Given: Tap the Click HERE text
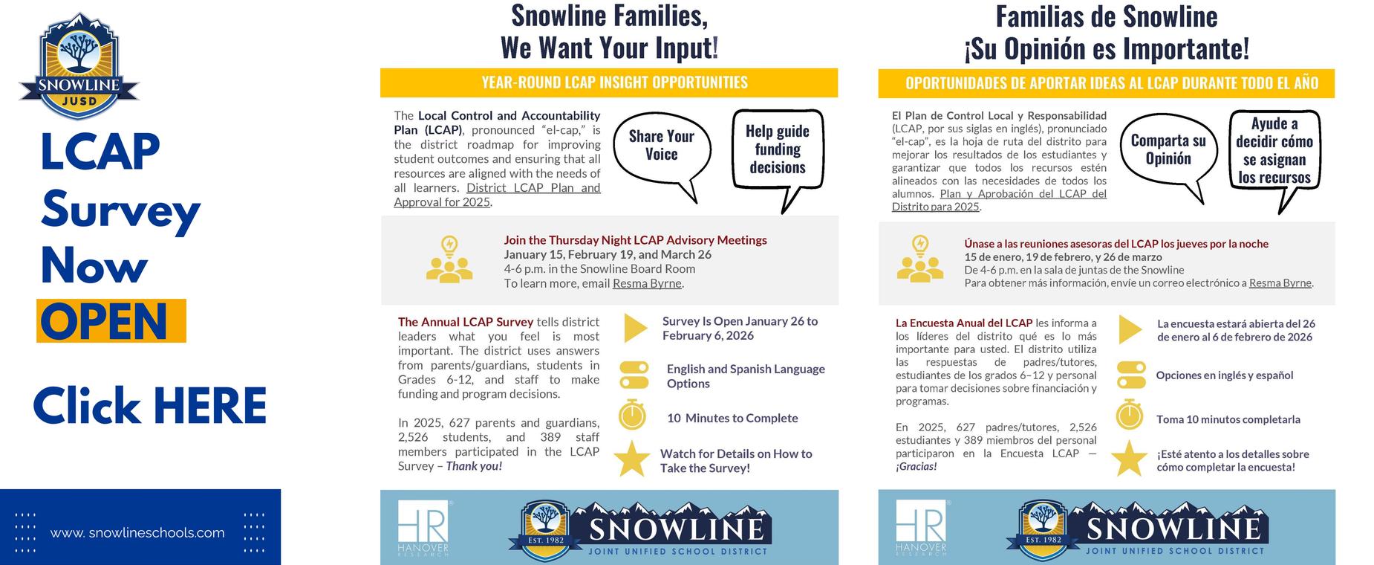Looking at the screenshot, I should (x=149, y=406).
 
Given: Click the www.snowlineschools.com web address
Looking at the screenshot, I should (x=137, y=533).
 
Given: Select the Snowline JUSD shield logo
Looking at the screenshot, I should (x=79, y=66).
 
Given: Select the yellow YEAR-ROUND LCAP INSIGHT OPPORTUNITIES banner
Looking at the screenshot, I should (x=609, y=83).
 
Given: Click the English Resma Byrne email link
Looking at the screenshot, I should (x=646, y=283).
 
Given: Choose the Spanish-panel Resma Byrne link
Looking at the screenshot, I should (x=1280, y=282).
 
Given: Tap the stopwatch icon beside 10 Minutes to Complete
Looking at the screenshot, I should (x=632, y=415).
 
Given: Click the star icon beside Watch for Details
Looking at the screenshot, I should (x=632, y=458).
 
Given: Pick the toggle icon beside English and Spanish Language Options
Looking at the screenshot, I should (x=634, y=375).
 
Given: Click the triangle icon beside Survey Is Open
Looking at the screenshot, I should (x=635, y=328).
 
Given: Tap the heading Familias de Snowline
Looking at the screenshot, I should (x=1106, y=16).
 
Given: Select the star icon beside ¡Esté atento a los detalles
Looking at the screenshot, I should (x=1129, y=458).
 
